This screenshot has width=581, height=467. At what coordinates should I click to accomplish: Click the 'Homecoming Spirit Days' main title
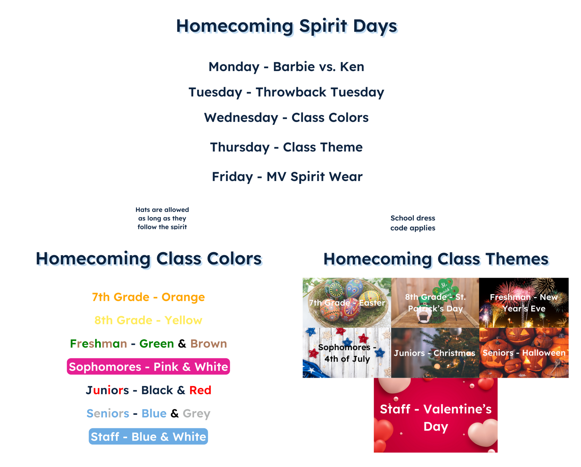pos(287,26)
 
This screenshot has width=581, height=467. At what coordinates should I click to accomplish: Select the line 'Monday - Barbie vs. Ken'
pos(286,67)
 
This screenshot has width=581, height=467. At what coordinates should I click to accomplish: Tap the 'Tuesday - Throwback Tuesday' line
pos(286,92)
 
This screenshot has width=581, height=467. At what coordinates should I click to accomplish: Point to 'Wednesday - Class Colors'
pos(286,118)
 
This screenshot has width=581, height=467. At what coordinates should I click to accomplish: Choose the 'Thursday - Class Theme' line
pos(286,147)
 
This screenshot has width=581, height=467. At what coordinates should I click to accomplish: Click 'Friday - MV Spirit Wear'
pos(287,177)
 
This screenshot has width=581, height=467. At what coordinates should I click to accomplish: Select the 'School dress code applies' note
pos(413,223)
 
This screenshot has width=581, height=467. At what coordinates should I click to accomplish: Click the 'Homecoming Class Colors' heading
pos(149,259)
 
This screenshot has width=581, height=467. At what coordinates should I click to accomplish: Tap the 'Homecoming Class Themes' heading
pos(436,259)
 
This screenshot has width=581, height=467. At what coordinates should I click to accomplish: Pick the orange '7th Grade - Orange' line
pos(148,297)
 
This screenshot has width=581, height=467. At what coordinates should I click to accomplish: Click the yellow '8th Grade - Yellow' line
pos(148,320)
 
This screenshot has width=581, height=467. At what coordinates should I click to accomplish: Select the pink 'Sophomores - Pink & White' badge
pos(148,366)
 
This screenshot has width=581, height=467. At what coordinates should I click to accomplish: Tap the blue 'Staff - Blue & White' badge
pos(148,436)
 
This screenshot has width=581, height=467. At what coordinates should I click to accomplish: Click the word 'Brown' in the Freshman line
pos(209,344)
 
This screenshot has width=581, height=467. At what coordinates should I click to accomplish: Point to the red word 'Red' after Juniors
pos(200,390)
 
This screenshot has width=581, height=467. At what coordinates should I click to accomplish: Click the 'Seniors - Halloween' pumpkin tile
pos(524,353)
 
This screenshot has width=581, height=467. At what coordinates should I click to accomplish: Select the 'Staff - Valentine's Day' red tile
pos(436,415)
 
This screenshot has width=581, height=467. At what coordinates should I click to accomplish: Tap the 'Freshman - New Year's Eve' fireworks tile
pos(524,303)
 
